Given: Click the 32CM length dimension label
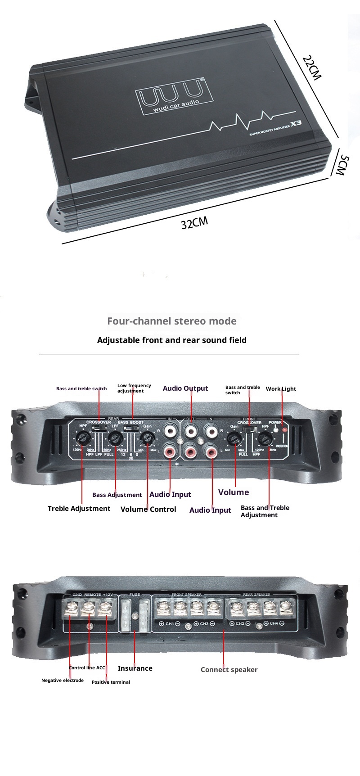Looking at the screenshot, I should pyautogui.click(x=194, y=222).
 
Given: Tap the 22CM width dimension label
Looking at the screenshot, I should pyautogui.click(x=311, y=68).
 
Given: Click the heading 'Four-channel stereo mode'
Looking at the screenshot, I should pyautogui.click(x=171, y=321).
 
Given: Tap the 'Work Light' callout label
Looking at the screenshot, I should pyautogui.click(x=281, y=389).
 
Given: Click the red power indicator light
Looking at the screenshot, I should pyautogui.click(x=284, y=430).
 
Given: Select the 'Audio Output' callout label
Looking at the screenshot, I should pyautogui.click(x=185, y=388).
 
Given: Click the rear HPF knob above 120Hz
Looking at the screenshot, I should pyautogui.click(x=82, y=437).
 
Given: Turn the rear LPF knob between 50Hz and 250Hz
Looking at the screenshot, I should pyautogui.click(x=116, y=437).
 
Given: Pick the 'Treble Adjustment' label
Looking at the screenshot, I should pyautogui.click(x=79, y=509).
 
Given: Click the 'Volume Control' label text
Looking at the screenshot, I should pyautogui.click(x=148, y=509).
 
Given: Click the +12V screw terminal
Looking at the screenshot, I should pyautogui.click(x=105, y=608).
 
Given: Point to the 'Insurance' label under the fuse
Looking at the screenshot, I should pyautogui.click(x=135, y=668).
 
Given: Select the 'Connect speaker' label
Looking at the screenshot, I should pyautogui.click(x=229, y=670).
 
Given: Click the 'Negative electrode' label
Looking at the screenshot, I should pyautogui.click(x=63, y=681).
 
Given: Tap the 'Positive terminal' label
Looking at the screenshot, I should pyautogui.click(x=111, y=682).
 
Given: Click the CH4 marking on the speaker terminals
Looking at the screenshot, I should pyautogui.click(x=274, y=623).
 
